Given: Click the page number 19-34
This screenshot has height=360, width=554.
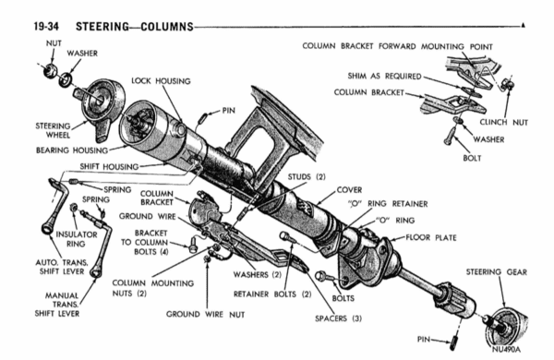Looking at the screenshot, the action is tap(46, 27).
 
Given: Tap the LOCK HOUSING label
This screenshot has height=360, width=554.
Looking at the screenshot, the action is tap(161, 81).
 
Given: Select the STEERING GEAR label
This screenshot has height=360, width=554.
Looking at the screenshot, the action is tap(497, 272).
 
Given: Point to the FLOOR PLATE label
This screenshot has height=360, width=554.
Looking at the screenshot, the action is tap(431, 237).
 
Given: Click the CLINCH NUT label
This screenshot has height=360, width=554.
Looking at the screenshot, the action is tap(503, 122).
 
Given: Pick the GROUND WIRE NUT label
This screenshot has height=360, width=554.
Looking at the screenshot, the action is tap(205, 314).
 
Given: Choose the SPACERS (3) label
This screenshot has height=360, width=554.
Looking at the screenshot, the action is tap(339, 318).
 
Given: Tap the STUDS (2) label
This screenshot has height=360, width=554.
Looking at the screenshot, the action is tap(307, 176).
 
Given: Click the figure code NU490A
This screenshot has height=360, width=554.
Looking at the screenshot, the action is tap(506, 350).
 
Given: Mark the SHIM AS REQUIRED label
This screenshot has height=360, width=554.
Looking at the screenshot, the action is tap(384, 76).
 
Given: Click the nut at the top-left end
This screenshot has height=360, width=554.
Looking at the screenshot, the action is tap(50, 71).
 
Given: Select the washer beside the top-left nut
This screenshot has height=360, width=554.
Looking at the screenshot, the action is tap(66, 79).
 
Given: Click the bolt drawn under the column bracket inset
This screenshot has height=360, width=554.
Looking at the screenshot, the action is tap(449, 138).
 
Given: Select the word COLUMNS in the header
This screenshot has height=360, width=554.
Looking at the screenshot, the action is tap(167, 27).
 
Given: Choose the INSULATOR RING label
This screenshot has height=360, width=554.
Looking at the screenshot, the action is tap(77, 239).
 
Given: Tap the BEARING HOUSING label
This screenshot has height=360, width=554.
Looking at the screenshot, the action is tap(72, 150).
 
